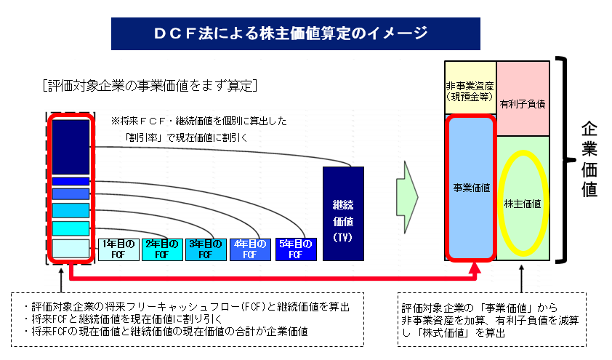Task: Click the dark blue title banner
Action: click(x=296, y=33)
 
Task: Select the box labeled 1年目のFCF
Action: click(x=118, y=249)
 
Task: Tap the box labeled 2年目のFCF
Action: click(x=162, y=249)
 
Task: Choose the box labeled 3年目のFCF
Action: click(x=206, y=249)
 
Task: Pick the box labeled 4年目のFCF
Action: click(x=250, y=249)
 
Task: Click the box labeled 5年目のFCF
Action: click(x=296, y=249)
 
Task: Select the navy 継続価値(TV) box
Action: click(x=344, y=214)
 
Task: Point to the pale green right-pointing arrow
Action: click(x=407, y=197)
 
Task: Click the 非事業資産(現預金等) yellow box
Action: click(x=470, y=87)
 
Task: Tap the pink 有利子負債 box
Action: click(x=523, y=98)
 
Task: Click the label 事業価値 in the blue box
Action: click(x=472, y=188)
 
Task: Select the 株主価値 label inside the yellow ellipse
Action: click(x=523, y=204)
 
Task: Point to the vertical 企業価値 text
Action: click(x=589, y=159)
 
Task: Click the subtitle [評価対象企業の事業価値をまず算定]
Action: click(x=150, y=86)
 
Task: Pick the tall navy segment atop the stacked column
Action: click(x=71, y=147)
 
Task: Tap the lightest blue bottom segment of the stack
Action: click(x=71, y=248)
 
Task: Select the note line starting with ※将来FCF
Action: click(x=199, y=121)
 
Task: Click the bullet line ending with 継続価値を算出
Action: click(x=186, y=307)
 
